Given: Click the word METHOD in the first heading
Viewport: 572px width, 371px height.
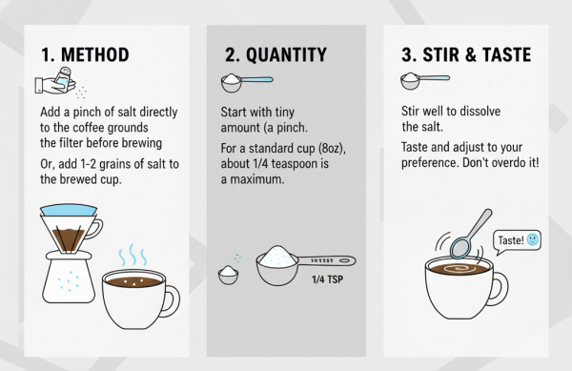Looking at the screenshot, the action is [94, 54].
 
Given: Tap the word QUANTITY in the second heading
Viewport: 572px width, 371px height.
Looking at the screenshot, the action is [286, 55].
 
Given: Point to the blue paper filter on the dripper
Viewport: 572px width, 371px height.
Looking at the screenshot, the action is [69, 210].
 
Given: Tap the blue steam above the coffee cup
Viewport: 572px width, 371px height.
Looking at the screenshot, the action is [133, 255].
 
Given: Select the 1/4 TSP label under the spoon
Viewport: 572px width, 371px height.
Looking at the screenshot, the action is [327, 279].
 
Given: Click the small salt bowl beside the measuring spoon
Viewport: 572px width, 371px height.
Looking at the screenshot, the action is [228, 276].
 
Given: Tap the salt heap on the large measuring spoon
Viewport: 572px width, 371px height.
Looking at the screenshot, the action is [276, 256].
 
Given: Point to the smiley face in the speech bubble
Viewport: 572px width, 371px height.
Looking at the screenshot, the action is [533, 239].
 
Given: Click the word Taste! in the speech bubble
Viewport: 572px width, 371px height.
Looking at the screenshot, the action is [511, 240].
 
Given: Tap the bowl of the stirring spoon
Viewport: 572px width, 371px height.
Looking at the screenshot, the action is [461, 247].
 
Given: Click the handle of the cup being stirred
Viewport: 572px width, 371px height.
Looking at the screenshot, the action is [500, 288].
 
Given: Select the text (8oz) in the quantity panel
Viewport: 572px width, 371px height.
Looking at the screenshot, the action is [332, 149].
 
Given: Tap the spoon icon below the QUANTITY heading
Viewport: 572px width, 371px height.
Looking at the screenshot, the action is [247, 83].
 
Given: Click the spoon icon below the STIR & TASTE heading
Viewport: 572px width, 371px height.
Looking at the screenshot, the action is [424, 81].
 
